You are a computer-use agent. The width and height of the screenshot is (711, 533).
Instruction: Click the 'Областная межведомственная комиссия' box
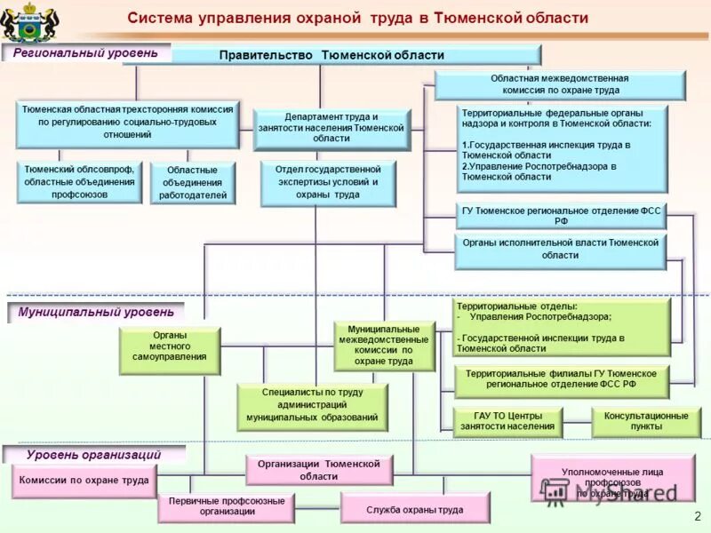(559, 84)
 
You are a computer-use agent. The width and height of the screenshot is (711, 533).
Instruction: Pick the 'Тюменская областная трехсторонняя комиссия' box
(127, 123)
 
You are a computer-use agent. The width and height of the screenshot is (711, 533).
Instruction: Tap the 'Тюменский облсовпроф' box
(79, 181)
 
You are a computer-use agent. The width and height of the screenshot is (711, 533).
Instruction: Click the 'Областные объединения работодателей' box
(192, 182)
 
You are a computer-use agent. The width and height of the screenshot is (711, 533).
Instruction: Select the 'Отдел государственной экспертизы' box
(328, 182)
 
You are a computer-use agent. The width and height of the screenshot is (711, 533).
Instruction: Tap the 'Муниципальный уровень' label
(96, 313)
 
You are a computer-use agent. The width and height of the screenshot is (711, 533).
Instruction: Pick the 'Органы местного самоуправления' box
(169, 350)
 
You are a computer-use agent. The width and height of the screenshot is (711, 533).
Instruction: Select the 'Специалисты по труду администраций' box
(312, 404)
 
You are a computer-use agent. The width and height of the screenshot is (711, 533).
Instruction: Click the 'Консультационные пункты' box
(645, 421)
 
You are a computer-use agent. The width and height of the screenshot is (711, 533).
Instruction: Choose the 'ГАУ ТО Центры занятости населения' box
(507, 421)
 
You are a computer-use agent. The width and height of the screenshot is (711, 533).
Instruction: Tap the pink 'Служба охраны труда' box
(414, 509)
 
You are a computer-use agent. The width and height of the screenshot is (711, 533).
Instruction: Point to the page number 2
(697, 516)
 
